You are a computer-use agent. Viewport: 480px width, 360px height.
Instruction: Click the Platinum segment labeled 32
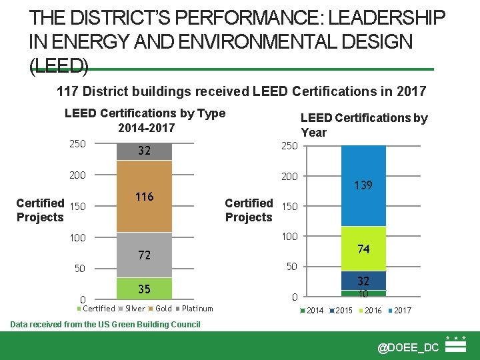(x=145, y=151)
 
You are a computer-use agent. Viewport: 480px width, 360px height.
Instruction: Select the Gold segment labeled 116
(x=145, y=196)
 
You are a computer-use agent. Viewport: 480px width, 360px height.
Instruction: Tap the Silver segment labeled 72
(x=145, y=255)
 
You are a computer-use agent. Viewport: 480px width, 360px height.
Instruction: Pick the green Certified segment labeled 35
(x=145, y=288)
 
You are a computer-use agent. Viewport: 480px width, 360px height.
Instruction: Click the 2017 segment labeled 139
(x=363, y=185)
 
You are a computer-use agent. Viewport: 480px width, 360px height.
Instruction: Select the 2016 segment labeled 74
(x=363, y=249)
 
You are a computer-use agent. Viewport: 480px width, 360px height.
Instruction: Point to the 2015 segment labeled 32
(x=363, y=281)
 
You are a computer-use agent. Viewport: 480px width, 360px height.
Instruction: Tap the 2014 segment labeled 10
(x=363, y=293)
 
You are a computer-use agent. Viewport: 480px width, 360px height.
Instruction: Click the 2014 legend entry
(x=314, y=311)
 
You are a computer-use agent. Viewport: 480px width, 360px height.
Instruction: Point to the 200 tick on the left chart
(x=77, y=176)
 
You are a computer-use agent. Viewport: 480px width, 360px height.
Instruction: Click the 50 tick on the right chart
(x=291, y=267)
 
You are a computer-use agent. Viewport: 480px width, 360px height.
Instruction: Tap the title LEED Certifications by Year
(x=364, y=125)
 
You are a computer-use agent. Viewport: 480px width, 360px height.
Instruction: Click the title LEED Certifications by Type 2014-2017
(x=145, y=120)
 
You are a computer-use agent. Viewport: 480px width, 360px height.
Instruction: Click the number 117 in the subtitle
(x=67, y=91)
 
